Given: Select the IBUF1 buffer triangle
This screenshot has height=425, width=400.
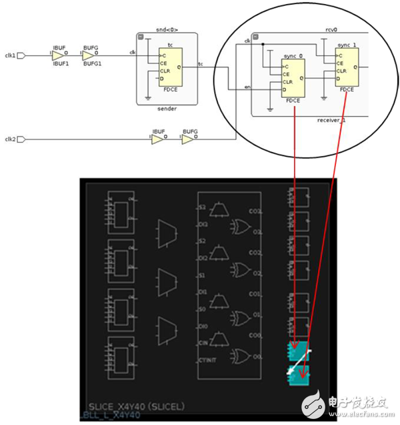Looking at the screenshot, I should [57, 55].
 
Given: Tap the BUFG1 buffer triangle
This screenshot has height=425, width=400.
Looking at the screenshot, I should [89, 55].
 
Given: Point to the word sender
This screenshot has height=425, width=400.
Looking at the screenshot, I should [167, 109].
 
